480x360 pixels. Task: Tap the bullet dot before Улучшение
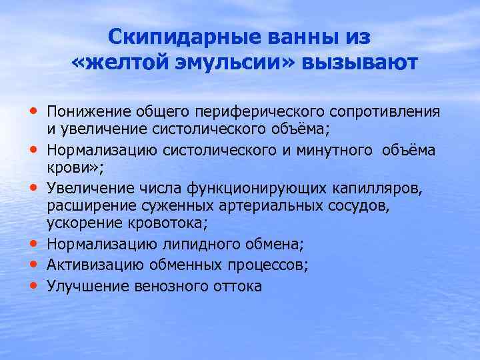coord(33,286)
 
